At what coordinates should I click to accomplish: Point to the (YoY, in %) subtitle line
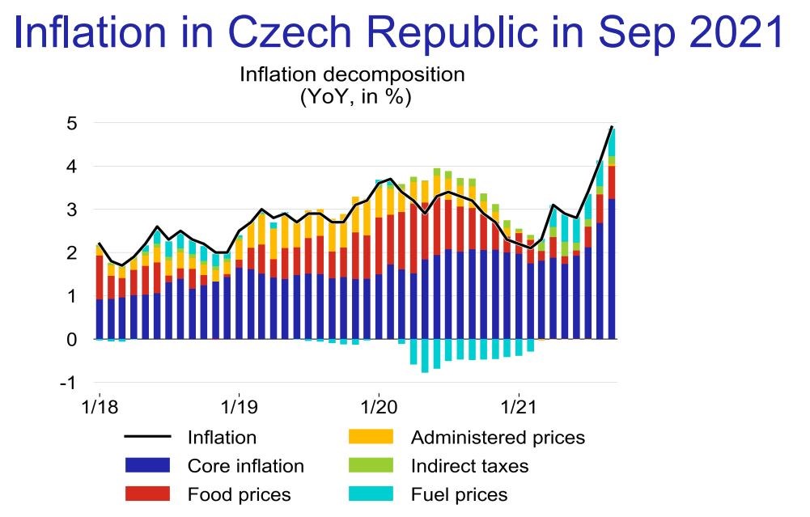pos(353,98)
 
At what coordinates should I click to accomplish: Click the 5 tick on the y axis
pos(73,123)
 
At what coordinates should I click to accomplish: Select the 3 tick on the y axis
pos(73,210)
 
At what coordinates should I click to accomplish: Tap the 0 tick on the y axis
pos(73,340)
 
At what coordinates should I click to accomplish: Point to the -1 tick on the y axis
pos(70,383)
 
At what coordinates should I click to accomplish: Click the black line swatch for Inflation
pos(147,438)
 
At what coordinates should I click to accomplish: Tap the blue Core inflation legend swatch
pos(147,466)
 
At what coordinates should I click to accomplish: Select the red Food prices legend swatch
pos(147,494)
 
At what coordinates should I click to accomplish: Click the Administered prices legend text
pos(498,438)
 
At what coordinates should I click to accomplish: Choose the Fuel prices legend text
pos(460,494)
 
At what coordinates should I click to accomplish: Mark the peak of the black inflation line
pos(611,127)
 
